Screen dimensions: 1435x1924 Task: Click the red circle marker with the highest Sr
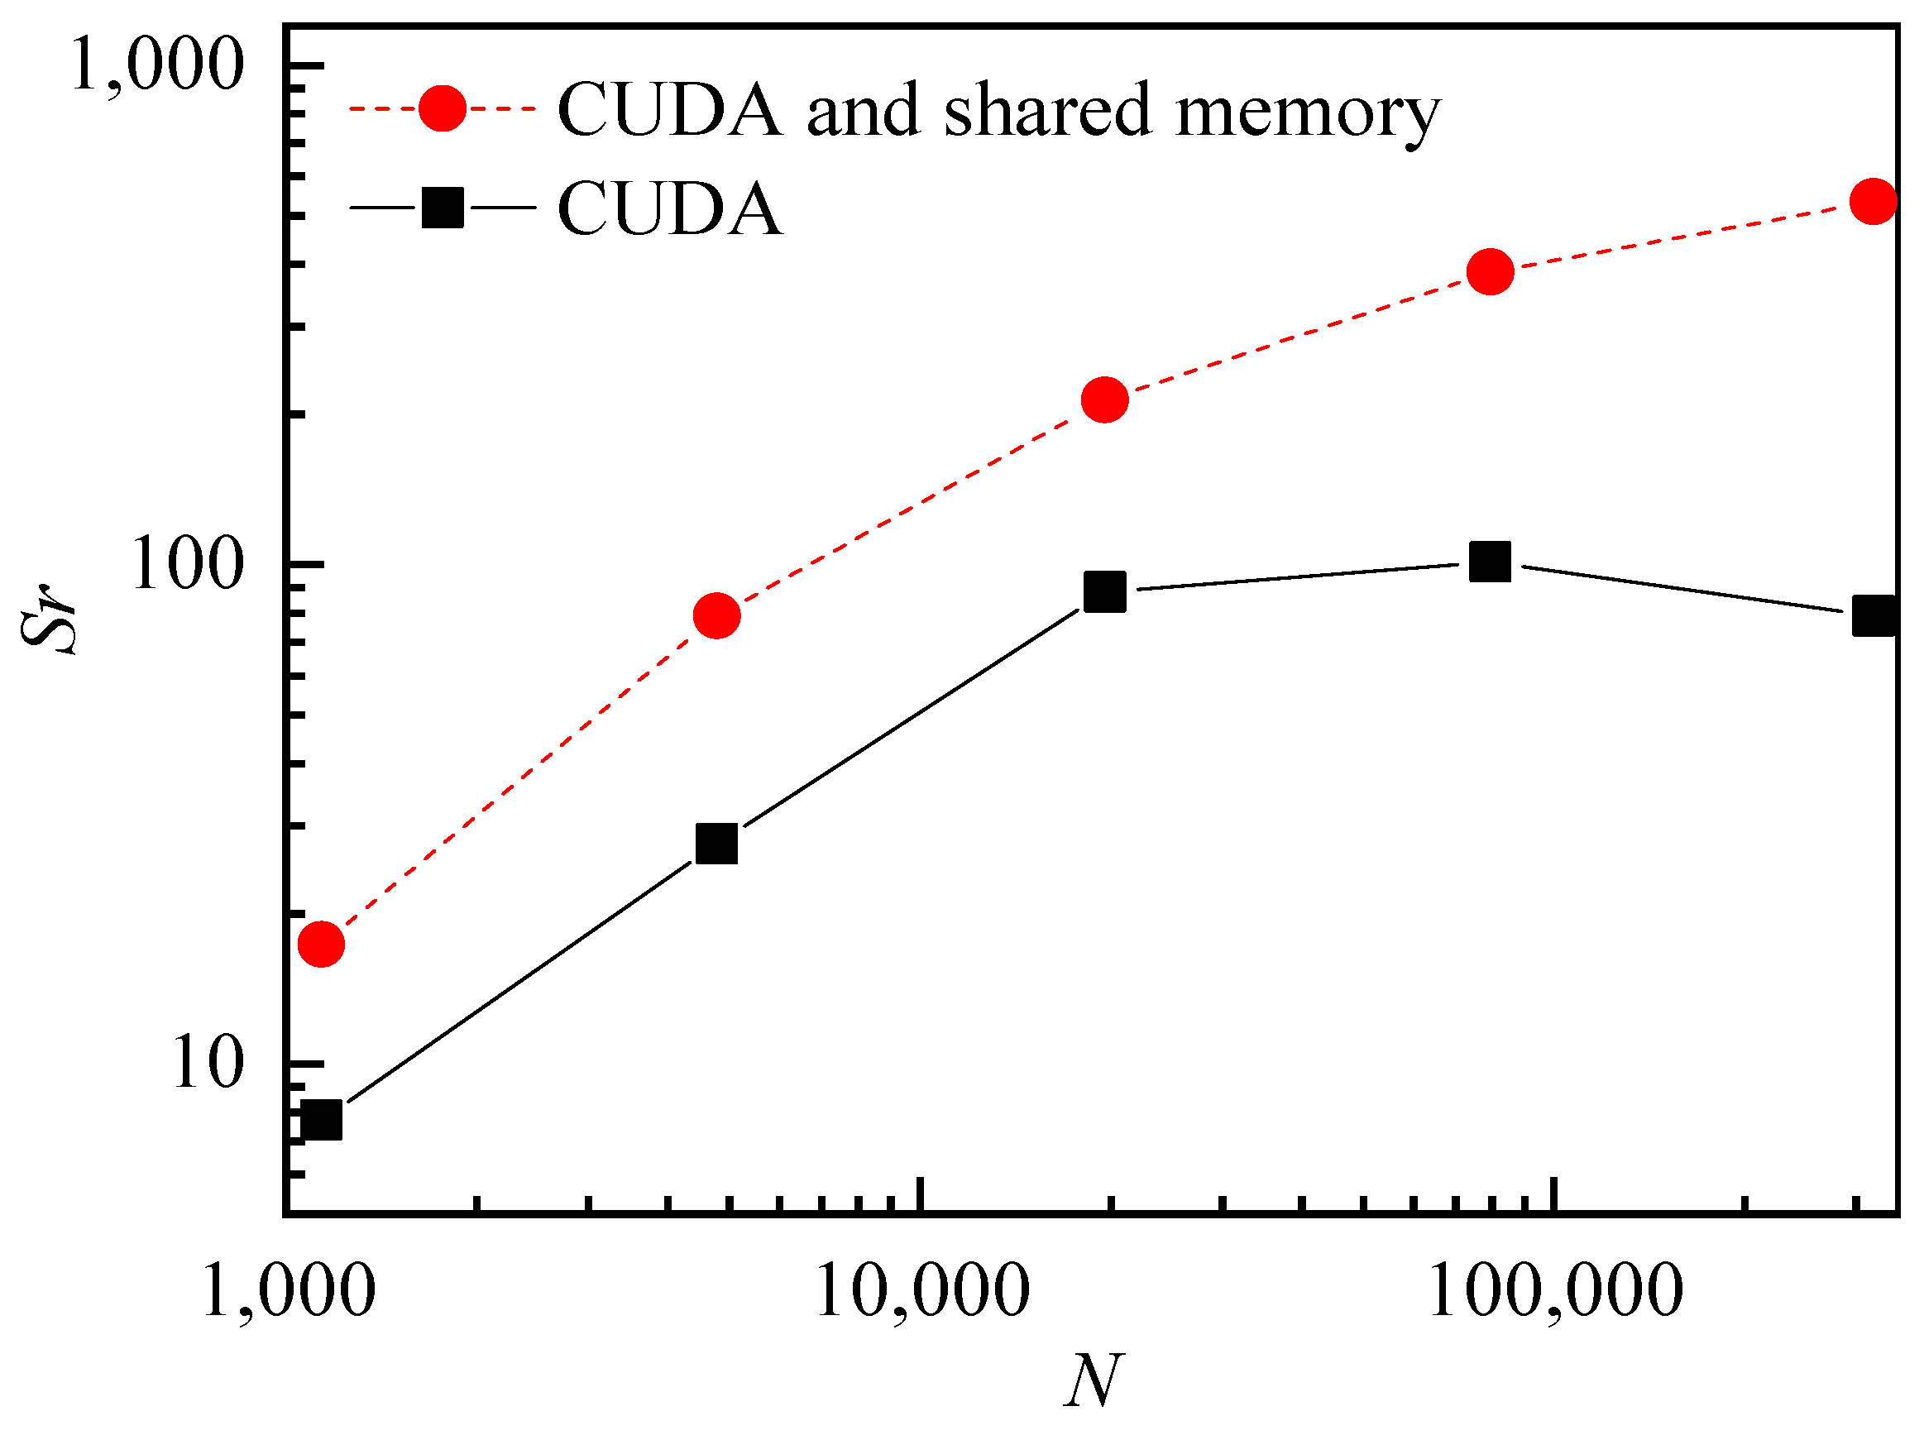(1874, 202)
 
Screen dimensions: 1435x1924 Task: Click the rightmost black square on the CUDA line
(1874, 616)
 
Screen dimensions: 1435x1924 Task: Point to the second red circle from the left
(716, 616)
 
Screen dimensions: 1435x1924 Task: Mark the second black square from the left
(716, 844)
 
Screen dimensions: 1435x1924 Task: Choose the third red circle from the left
(1105, 399)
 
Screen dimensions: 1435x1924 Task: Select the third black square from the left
(1105, 591)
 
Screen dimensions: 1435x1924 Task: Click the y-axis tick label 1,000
(156, 65)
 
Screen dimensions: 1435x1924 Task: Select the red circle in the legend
(443, 108)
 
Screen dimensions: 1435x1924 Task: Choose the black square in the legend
(443, 208)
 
